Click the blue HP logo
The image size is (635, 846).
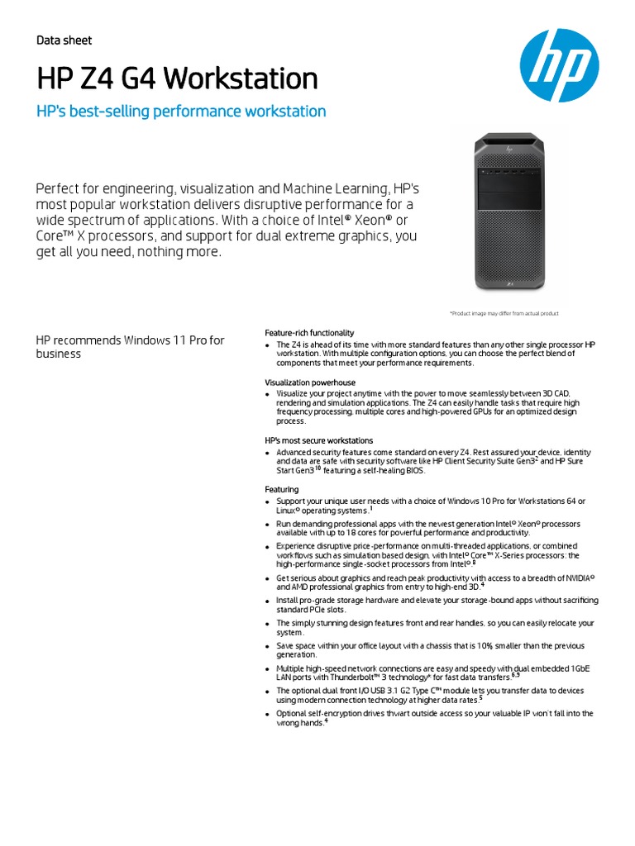pos(559,67)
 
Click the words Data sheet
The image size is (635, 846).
pos(64,40)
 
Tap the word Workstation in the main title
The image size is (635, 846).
pos(241,79)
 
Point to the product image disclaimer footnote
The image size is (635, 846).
pos(504,314)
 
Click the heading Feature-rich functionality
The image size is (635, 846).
pos(309,332)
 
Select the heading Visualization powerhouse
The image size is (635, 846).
pos(310,383)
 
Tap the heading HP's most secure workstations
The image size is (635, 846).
pos(318,440)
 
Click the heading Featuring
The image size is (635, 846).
pos(281,490)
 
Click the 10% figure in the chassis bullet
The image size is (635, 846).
pos(486,645)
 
